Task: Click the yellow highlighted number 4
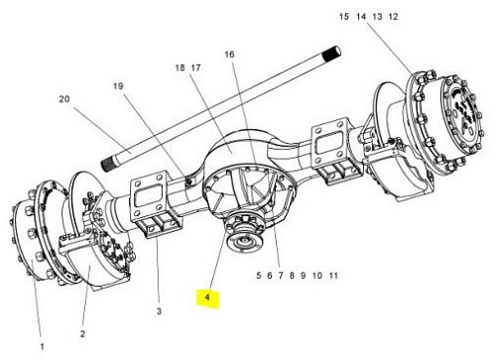pyautogui.click(x=207, y=298)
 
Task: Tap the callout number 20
pyautogui.click(x=64, y=99)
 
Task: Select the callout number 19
pyautogui.click(x=118, y=86)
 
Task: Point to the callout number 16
pyautogui.click(x=229, y=55)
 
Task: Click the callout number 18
pyautogui.click(x=180, y=67)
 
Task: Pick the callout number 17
pyautogui.click(x=195, y=67)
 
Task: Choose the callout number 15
pyautogui.click(x=344, y=17)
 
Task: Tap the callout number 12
pyautogui.click(x=393, y=17)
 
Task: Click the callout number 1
pyautogui.click(x=42, y=347)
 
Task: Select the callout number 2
pyautogui.click(x=82, y=334)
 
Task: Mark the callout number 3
pyautogui.click(x=159, y=311)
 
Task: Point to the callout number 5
pyautogui.click(x=259, y=276)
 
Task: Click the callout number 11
pyautogui.click(x=333, y=276)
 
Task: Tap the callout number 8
pyautogui.click(x=292, y=276)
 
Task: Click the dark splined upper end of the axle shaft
pyautogui.click(x=332, y=54)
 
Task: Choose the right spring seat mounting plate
pyautogui.click(x=330, y=143)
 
